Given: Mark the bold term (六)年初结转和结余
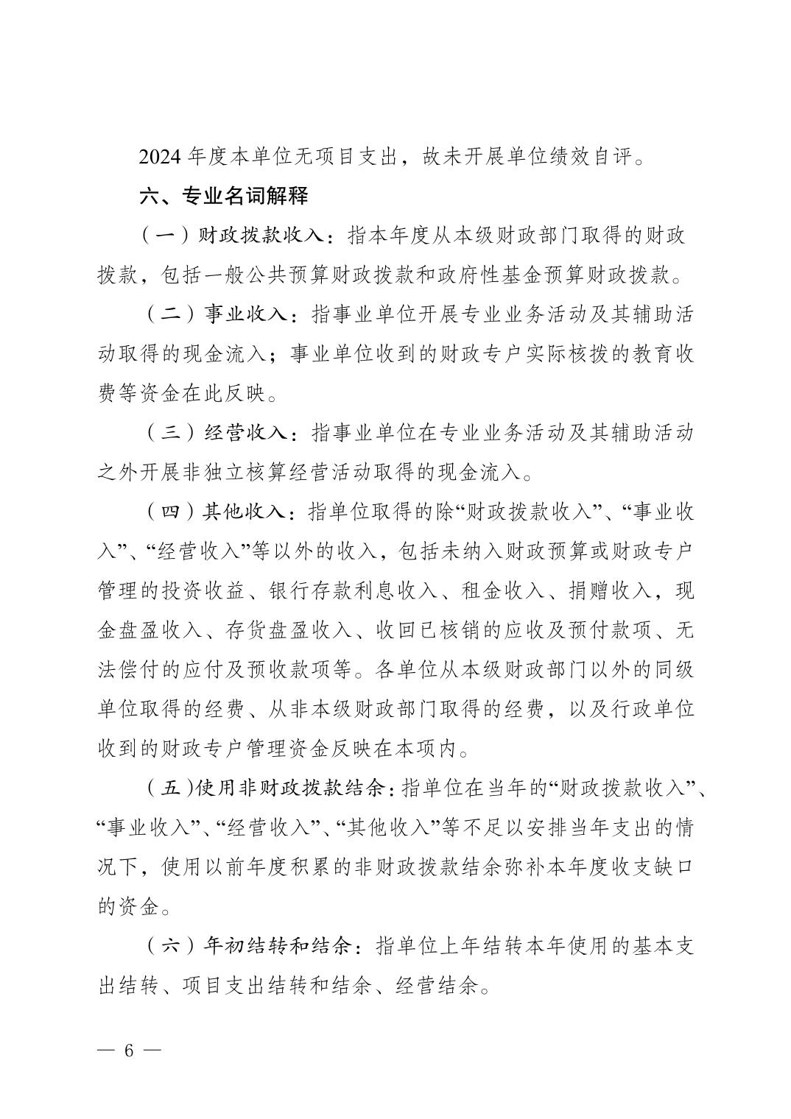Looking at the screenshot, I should [250, 945].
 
